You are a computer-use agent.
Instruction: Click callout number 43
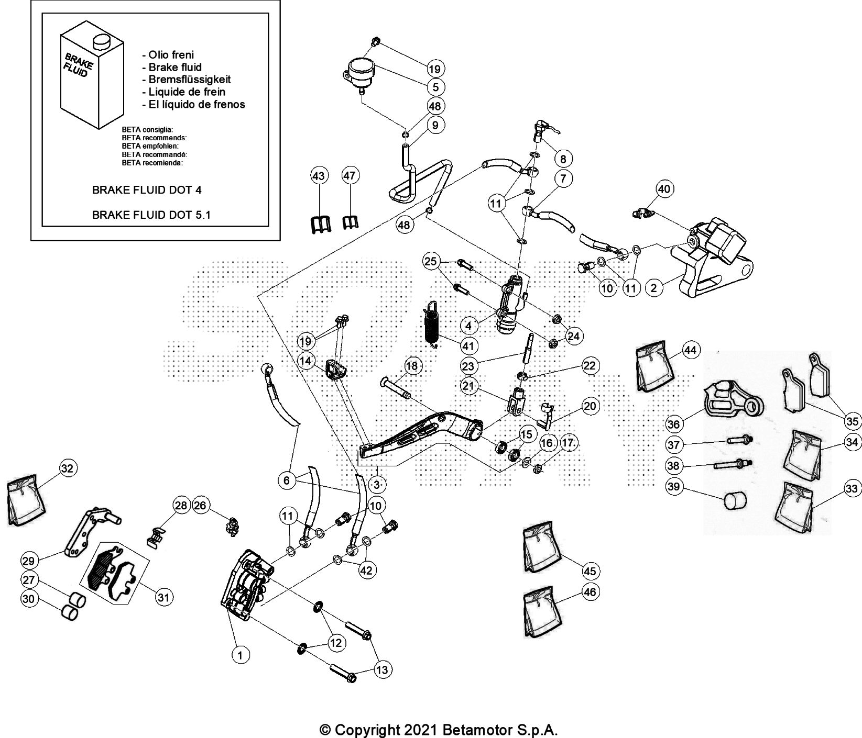[319, 176]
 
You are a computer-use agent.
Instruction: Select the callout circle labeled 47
[351, 176]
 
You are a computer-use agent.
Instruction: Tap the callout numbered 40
[663, 189]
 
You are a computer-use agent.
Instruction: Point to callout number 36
[674, 422]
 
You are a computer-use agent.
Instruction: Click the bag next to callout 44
[654, 367]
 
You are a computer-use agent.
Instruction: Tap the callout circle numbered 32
[67, 468]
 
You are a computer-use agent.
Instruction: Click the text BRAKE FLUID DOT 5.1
[151, 214]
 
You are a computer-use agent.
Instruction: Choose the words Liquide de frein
[187, 92]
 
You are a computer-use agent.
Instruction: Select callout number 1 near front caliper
[241, 654]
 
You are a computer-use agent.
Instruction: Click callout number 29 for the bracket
[29, 561]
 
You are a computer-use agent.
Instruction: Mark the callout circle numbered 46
[590, 592]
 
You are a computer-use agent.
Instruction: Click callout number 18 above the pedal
[412, 366]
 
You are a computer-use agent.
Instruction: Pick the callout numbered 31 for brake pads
[164, 597]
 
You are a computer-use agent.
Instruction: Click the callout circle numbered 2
[653, 287]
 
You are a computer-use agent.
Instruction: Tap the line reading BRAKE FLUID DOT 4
[147, 189]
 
